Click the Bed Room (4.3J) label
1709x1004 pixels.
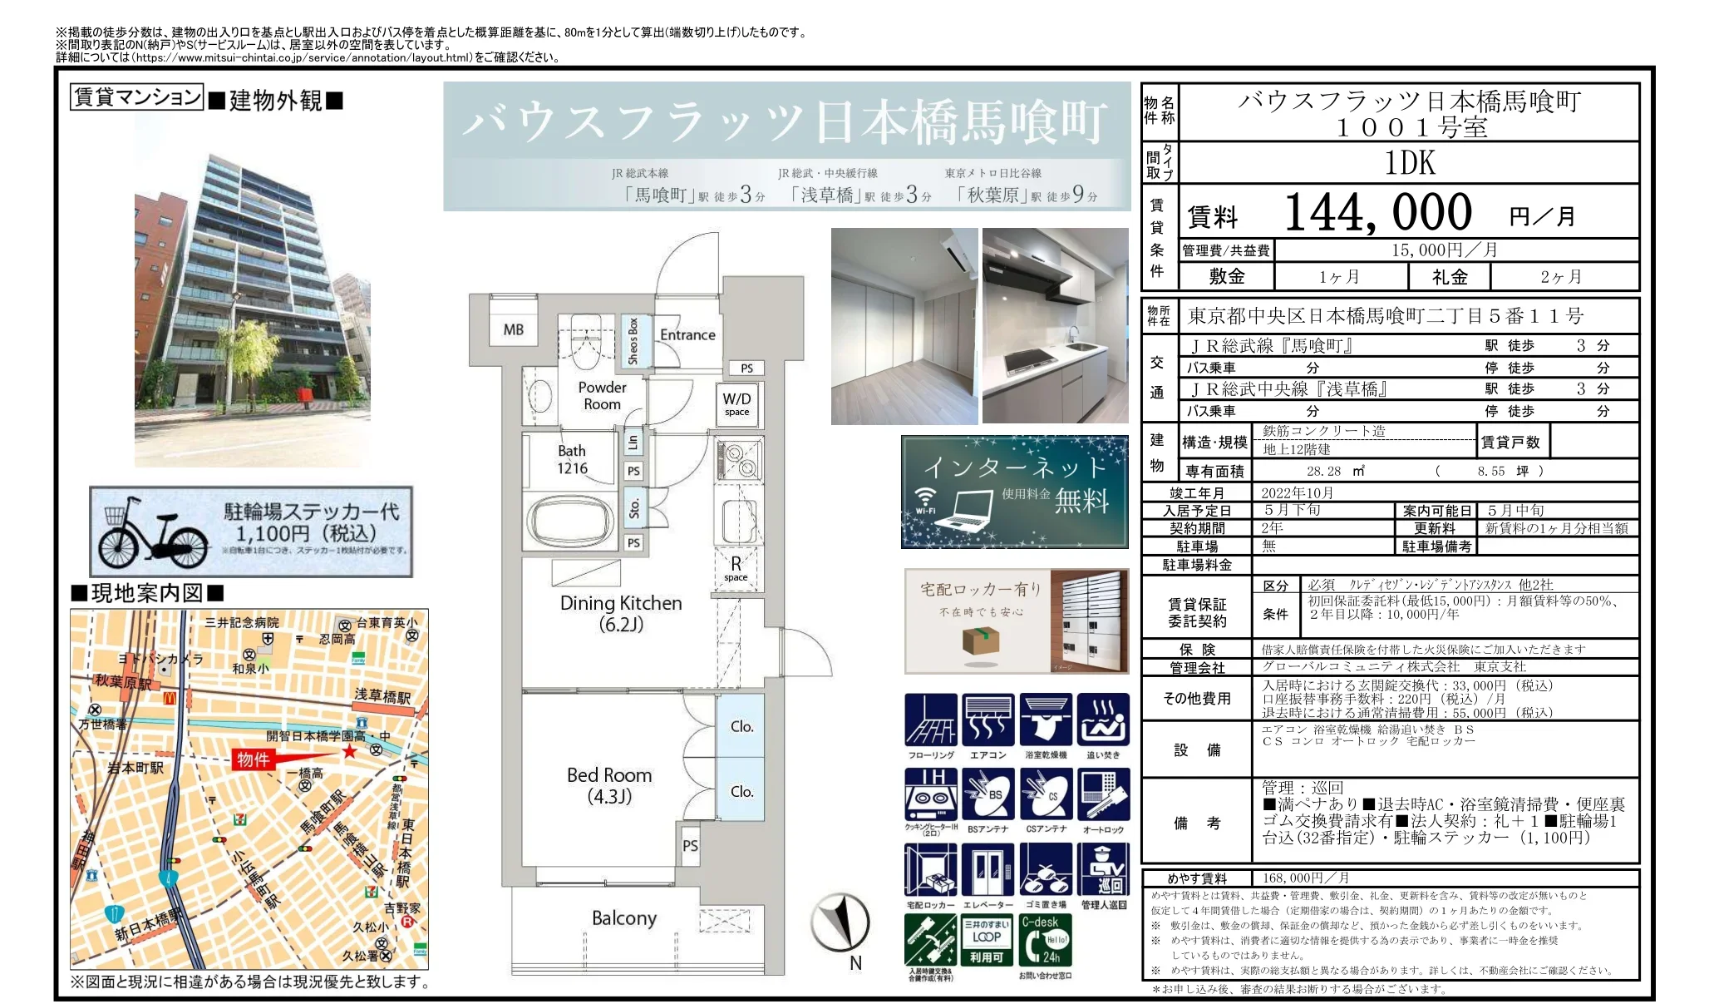coord(609,785)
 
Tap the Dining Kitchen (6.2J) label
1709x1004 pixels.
coord(621,613)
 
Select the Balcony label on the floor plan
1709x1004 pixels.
coord(623,917)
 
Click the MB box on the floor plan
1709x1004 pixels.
coord(513,329)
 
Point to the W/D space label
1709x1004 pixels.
coord(736,403)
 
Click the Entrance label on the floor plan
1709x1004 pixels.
coord(687,334)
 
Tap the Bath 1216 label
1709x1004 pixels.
coord(572,459)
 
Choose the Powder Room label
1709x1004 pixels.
coord(602,395)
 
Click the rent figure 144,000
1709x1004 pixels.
coord(1377,213)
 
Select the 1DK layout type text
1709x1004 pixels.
coord(1410,162)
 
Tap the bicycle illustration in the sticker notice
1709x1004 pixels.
coord(153,533)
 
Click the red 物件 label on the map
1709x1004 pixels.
coord(253,759)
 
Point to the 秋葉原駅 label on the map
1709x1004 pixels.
coord(123,681)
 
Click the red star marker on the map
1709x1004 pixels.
coord(349,752)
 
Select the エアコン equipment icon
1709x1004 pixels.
coord(988,720)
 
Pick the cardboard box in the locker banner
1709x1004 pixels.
coord(980,640)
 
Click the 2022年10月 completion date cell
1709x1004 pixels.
coord(1297,492)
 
